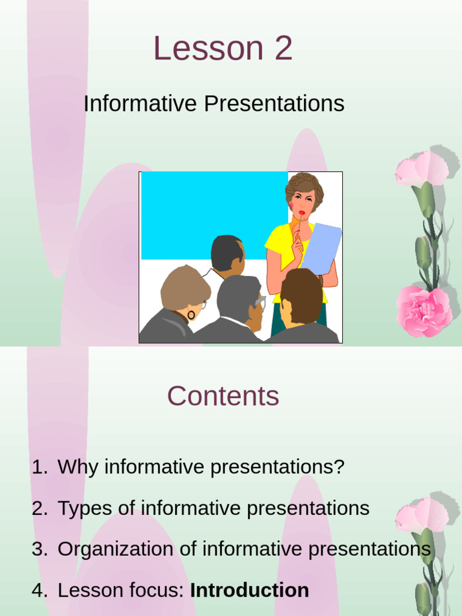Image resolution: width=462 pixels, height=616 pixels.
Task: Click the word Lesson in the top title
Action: coord(208,48)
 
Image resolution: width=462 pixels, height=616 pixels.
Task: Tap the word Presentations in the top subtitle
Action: coord(274,103)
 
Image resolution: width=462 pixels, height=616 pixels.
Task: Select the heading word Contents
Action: coord(223,396)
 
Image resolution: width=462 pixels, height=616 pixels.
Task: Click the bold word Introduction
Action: coord(250,590)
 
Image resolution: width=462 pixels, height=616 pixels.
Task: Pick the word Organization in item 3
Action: coord(115,550)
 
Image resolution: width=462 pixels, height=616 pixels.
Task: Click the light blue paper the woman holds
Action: coord(322,248)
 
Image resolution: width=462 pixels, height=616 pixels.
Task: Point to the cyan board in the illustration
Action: coord(214,215)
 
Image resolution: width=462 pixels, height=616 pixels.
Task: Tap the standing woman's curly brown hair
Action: coord(305,188)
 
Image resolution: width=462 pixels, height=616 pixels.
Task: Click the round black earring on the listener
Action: coord(191,315)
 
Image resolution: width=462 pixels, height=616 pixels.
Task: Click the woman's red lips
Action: coord(301,212)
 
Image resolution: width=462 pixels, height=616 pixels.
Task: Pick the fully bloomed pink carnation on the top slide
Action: coord(423,311)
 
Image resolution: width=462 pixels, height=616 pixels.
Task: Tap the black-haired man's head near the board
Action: coord(227,253)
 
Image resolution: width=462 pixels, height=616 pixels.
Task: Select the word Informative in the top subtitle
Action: coord(140,103)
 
